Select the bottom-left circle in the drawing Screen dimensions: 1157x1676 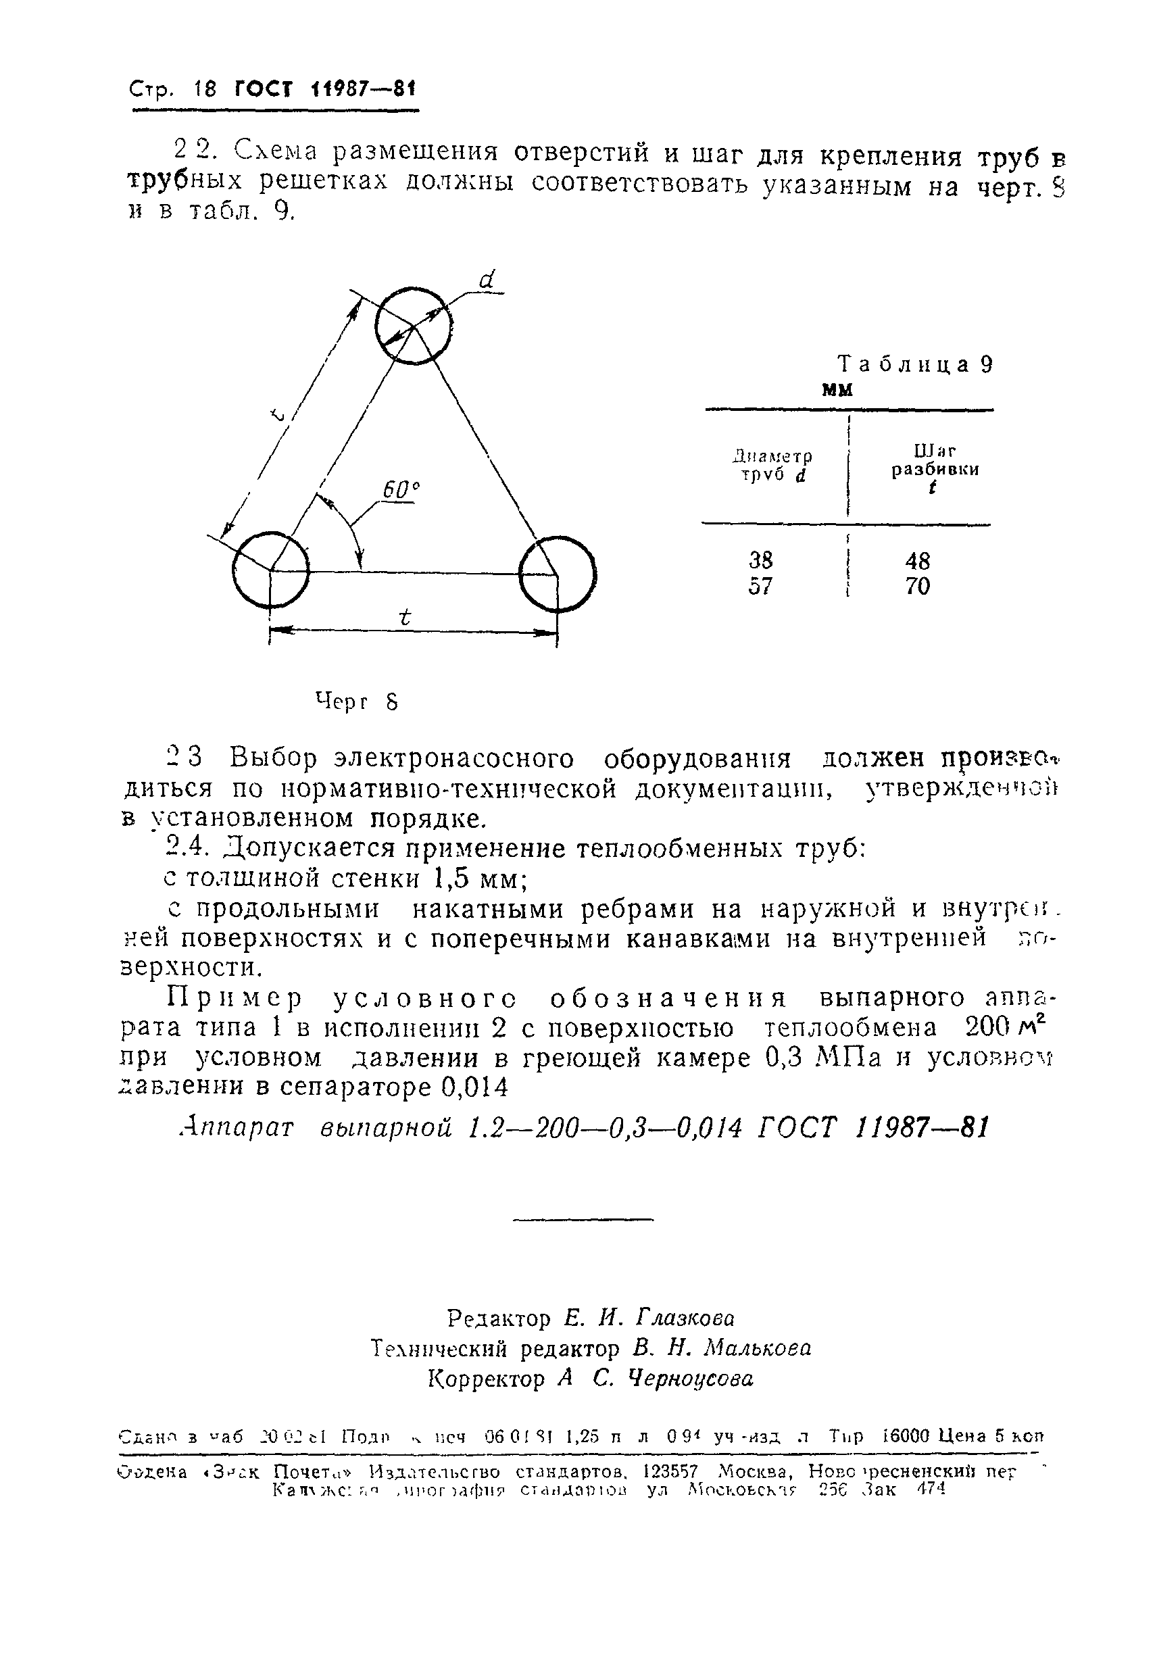tap(270, 571)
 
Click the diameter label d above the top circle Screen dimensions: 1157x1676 tap(487, 280)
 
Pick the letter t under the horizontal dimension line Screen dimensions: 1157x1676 tap(405, 618)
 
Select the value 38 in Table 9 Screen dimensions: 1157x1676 tap(760, 560)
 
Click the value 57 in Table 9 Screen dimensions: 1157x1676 tap(760, 586)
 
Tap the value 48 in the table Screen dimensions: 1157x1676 tap(917, 560)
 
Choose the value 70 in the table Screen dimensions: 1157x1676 tap(917, 586)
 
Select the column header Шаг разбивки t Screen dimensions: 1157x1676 tap(935, 469)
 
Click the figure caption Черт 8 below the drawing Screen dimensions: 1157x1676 tap(357, 701)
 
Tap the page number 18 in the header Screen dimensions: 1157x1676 tap(205, 90)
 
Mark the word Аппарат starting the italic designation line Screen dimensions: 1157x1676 tap(237, 1128)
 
